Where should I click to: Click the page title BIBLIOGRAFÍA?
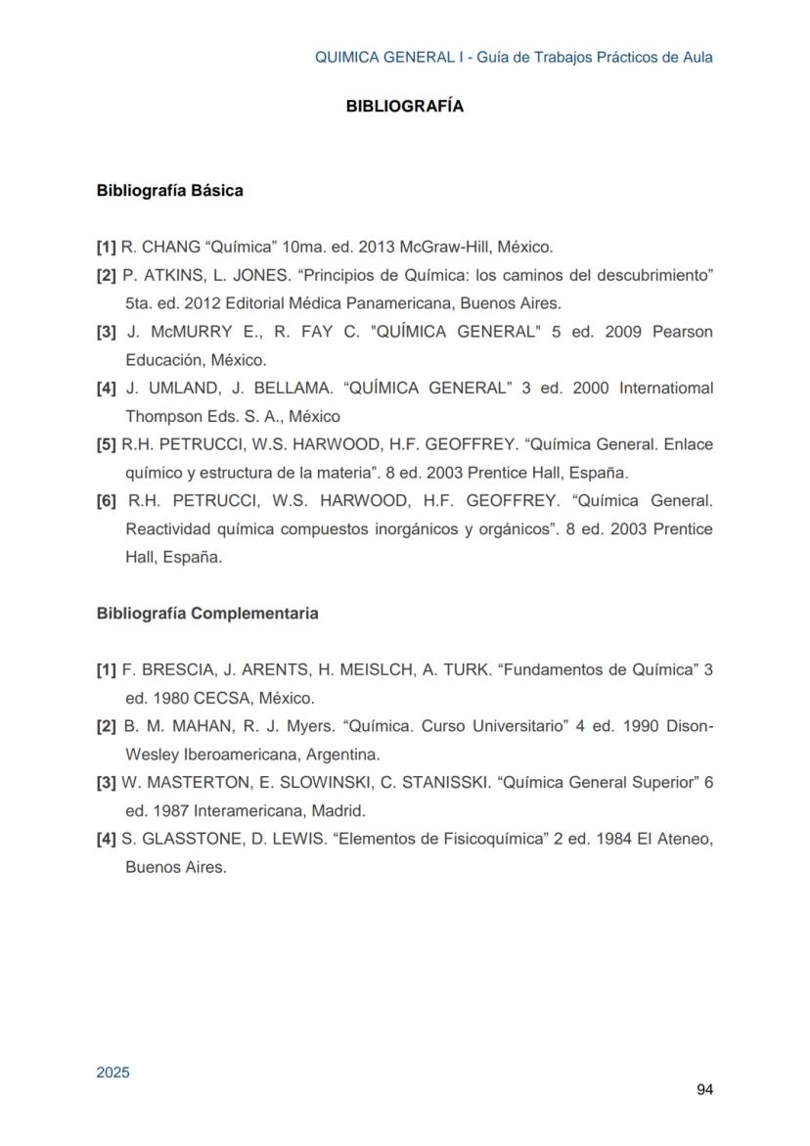click(x=404, y=107)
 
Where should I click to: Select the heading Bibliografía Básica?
click(x=169, y=191)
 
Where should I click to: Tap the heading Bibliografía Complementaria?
click(x=206, y=614)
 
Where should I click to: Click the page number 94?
click(x=704, y=1090)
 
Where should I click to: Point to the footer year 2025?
click(x=112, y=1073)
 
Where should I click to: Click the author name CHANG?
click(x=163, y=248)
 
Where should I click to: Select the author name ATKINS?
click(x=168, y=276)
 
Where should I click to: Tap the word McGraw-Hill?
click(x=445, y=248)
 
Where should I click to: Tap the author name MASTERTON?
click(x=196, y=783)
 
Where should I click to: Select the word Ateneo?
click(x=681, y=840)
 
